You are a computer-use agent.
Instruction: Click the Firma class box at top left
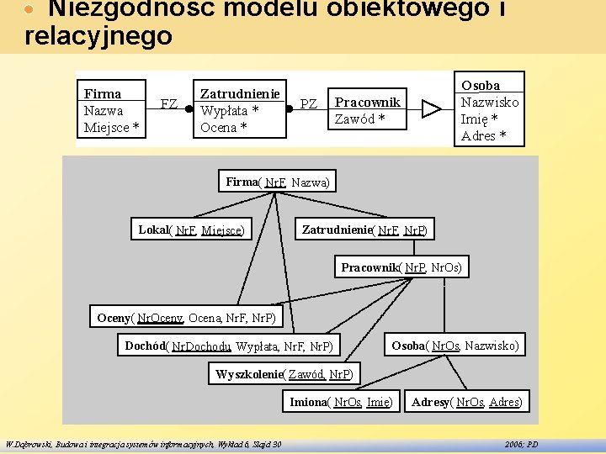click(111, 110)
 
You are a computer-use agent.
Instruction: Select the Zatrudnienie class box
click(239, 110)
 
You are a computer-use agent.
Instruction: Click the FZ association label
click(168, 105)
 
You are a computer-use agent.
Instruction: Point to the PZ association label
click(309, 104)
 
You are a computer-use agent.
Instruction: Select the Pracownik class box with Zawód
click(367, 110)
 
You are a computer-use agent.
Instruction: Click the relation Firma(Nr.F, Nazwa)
click(279, 182)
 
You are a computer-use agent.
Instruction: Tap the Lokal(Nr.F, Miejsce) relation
click(192, 230)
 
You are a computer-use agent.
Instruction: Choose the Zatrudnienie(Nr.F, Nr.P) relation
click(364, 230)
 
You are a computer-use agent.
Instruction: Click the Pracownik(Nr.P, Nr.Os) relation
click(401, 267)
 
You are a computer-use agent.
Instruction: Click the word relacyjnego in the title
click(98, 36)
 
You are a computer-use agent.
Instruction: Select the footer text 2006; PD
click(521, 444)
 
